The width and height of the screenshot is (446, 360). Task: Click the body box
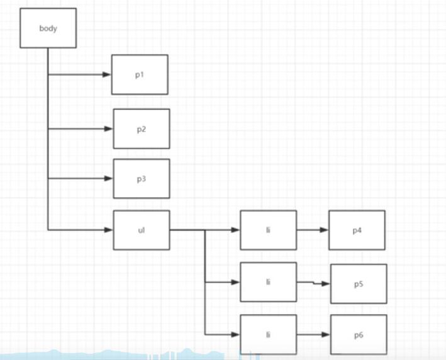[48, 28]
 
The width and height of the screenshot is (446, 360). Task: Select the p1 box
[140, 74]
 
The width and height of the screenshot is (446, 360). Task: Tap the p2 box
[142, 128]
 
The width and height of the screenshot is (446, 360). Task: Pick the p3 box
[142, 179]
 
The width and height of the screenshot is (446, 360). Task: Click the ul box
[142, 230]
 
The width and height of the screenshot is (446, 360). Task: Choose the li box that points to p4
[268, 230]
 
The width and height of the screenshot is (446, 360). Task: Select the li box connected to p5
[268, 282]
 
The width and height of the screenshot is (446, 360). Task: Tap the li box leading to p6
[268, 334]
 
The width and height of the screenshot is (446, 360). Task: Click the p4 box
[357, 230]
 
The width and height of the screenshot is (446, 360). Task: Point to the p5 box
[359, 284]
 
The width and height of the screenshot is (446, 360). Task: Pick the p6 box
[359, 334]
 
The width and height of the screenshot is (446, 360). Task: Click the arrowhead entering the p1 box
[108, 74]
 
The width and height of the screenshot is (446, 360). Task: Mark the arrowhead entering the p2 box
[109, 129]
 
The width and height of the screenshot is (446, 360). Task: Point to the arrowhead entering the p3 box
[109, 178]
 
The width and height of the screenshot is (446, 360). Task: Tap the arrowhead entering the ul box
[109, 230]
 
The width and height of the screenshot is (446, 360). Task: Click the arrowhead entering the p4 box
[324, 230]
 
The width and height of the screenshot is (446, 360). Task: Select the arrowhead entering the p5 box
[326, 284]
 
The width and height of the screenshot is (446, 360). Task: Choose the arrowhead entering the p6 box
[326, 334]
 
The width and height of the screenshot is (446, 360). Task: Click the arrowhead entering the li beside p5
[236, 282]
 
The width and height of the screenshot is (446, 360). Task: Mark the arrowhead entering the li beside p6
[236, 334]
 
